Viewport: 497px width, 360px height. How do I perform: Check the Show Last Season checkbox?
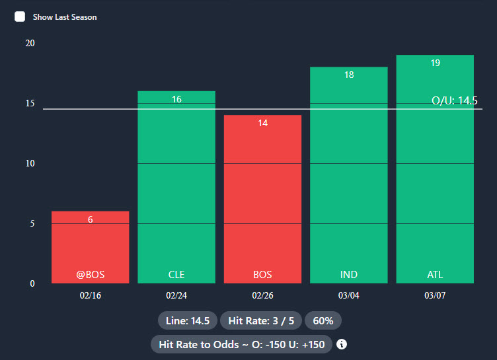tap(20, 17)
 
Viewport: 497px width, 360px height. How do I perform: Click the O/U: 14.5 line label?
tap(454, 100)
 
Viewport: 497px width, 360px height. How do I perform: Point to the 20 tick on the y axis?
tap(29, 43)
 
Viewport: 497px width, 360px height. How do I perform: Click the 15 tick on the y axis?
tap(29, 103)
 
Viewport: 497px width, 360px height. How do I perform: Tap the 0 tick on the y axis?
tap(32, 283)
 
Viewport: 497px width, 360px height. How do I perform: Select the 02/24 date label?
tap(176, 295)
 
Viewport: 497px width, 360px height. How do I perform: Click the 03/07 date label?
tap(435, 295)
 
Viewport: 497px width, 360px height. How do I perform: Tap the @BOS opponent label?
tap(90, 275)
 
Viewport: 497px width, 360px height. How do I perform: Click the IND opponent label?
tap(348, 275)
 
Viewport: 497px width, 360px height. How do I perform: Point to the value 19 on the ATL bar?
tap(435, 63)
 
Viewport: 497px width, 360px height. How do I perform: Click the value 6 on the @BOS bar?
tap(90, 219)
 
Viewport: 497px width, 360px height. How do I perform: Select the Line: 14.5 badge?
tap(188, 321)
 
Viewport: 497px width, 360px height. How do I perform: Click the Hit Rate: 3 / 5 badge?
tap(260, 321)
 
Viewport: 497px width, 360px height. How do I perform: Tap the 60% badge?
tap(323, 321)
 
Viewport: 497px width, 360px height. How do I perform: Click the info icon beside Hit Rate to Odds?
tap(342, 344)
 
